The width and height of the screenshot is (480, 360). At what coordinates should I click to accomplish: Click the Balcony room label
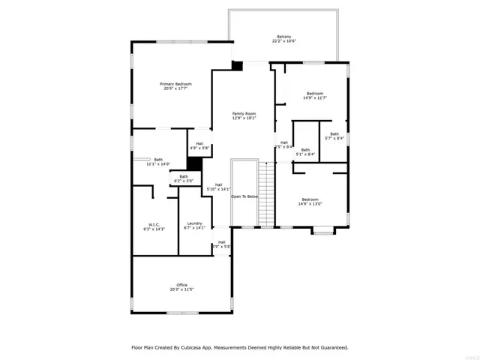(283, 36)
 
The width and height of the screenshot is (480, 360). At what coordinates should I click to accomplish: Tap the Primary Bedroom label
(178, 83)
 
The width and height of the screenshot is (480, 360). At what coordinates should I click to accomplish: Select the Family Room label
(244, 112)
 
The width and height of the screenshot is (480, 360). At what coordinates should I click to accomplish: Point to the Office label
(181, 284)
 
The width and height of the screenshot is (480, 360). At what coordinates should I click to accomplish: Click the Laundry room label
(195, 223)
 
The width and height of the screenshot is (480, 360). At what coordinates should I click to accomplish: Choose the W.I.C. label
(154, 223)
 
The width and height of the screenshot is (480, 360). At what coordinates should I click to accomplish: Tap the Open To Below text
(244, 196)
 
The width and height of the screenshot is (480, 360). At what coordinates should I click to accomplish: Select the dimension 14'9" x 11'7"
(314, 97)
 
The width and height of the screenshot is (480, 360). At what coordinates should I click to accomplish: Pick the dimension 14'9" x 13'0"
(310, 203)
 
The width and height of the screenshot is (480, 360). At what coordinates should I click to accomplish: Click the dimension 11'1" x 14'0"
(158, 163)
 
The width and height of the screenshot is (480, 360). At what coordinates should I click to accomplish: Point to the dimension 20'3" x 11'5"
(181, 289)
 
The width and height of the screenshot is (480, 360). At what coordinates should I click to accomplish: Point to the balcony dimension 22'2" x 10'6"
(283, 41)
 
